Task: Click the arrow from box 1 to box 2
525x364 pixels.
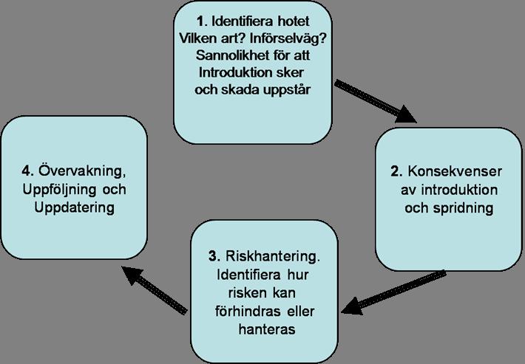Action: [x=375, y=101]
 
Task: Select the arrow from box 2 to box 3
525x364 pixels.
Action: [x=393, y=293]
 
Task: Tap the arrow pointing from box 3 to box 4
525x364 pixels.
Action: [x=154, y=290]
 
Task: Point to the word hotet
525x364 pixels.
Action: [x=294, y=21]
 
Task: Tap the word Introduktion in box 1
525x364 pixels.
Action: [x=234, y=72]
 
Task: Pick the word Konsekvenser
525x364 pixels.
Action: [x=455, y=171]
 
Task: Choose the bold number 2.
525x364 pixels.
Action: [x=396, y=171]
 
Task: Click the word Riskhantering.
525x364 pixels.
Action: [x=273, y=257]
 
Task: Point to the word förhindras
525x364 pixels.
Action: [x=248, y=312]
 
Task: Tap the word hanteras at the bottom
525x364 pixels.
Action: [x=267, y=329]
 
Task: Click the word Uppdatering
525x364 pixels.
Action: [x=75, y=208]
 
